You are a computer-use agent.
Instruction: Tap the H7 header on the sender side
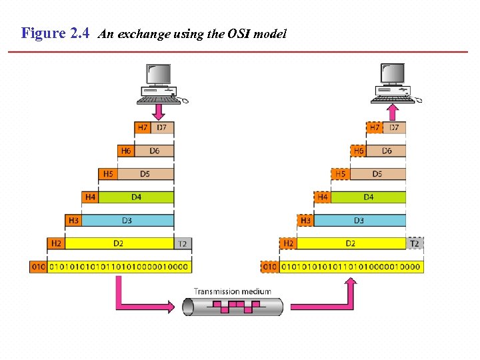(x=143, y=127)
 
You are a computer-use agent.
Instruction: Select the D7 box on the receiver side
(x=394, y=127)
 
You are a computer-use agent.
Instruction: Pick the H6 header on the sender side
(x=126, y=151)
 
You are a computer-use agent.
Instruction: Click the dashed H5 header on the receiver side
(x=340, y=174)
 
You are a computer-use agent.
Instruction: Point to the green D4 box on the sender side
(x=136, y=197)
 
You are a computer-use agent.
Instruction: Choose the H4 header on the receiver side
(x=323, y=197)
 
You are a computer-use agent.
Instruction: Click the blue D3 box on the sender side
(x=127, y=220)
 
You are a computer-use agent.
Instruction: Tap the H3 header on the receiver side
(x=306, y=220)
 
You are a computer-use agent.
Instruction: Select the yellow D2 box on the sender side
(x=119, y=243)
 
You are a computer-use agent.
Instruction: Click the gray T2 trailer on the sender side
(x=182, y=243)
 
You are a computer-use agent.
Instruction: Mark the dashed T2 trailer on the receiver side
(x=415, y=243)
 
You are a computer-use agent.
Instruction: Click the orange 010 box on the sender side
(x=39, y=267)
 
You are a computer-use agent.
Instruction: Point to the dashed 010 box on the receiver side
(x=270, y=267)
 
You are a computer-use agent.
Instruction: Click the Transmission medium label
(x=233, y=291)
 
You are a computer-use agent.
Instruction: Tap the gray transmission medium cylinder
(x=233, y=307)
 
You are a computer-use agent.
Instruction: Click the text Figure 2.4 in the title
(x=55, y=33)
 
